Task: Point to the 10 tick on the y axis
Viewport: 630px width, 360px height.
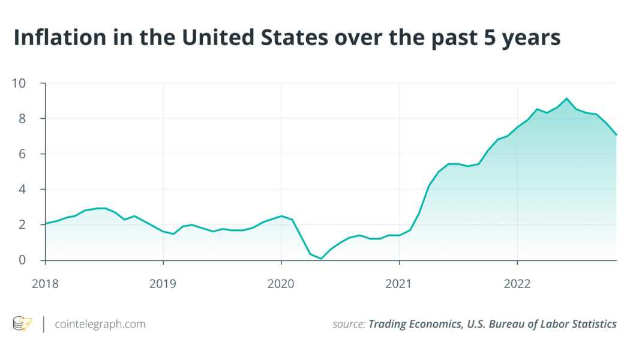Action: click(19, 83)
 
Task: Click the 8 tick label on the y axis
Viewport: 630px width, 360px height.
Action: click(23, 118)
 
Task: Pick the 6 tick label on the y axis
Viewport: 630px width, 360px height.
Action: click(23, 154)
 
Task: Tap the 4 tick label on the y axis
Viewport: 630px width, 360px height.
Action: click(23, 189)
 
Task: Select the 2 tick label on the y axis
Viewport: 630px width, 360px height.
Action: click(23, 224)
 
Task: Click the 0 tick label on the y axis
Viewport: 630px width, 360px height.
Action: click(23, 260)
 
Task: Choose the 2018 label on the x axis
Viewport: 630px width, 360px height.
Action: click(45, 283)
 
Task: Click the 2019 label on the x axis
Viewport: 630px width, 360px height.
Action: click(163, 283)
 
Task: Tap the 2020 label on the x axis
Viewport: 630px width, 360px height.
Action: click(281, 283)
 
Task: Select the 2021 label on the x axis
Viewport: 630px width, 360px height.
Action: click(399, 283)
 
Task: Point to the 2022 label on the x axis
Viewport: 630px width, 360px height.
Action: click(517, 283)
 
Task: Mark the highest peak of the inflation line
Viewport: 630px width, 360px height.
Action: click(566, 98)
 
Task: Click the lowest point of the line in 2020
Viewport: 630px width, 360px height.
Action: click(321, 259)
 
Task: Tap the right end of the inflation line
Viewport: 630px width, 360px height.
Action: click(616, 135)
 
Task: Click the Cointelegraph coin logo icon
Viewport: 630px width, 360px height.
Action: click(23, 324)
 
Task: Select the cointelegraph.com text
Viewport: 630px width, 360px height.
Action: click(100, 324)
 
